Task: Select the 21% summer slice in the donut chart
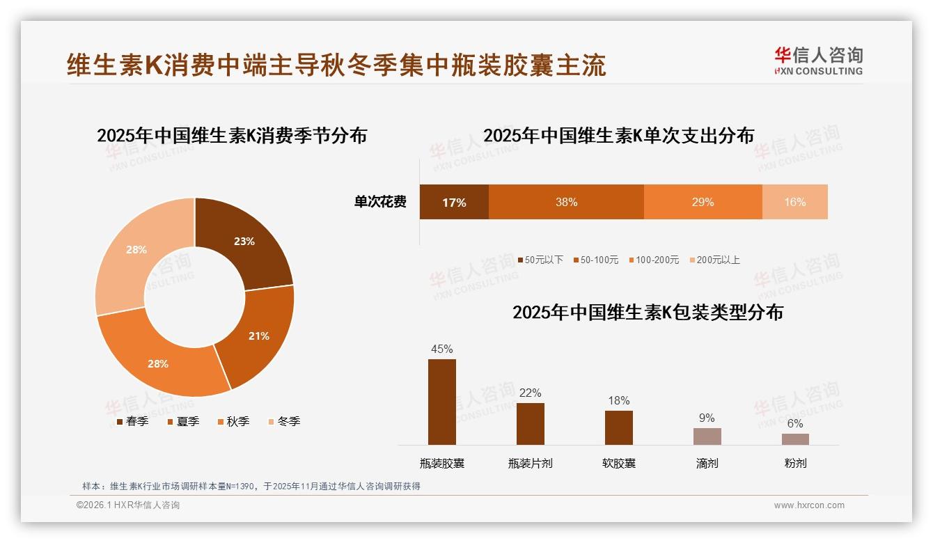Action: [x=258, y=336]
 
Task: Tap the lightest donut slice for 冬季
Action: [x=136, y=249]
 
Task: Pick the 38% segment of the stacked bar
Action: [x=566, y=202]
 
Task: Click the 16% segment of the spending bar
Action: [x=794, y=202]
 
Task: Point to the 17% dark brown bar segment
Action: [x=454, y=203]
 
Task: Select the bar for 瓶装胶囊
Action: [x=442, y=402]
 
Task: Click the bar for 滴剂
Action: [x=707, y=436]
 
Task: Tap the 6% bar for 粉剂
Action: [x=795, y=439]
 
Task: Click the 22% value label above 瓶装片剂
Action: [x=530, y=393]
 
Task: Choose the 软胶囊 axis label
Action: [x=618, y=463]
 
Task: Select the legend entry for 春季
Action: [x=132, y=421]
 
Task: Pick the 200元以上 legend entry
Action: [x=714, y=260]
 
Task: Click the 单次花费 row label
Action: [x=380, y=202]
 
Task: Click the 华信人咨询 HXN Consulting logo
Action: [x=818, y=61]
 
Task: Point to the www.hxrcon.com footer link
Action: [x=809, y=505]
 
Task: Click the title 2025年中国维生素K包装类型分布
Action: [x=648, y=313]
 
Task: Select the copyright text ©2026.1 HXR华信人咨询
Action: [x=128, y=505]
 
